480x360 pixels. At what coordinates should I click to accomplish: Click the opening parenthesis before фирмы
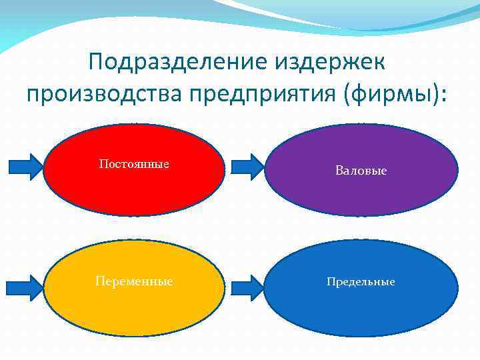coord(350,94)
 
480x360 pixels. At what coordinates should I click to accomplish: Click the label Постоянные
coord(133,164)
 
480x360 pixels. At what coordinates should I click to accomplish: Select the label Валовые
coord(361,171)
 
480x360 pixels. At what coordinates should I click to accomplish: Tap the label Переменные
coord(134,281)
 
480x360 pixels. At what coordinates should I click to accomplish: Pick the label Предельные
coord(361,281)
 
